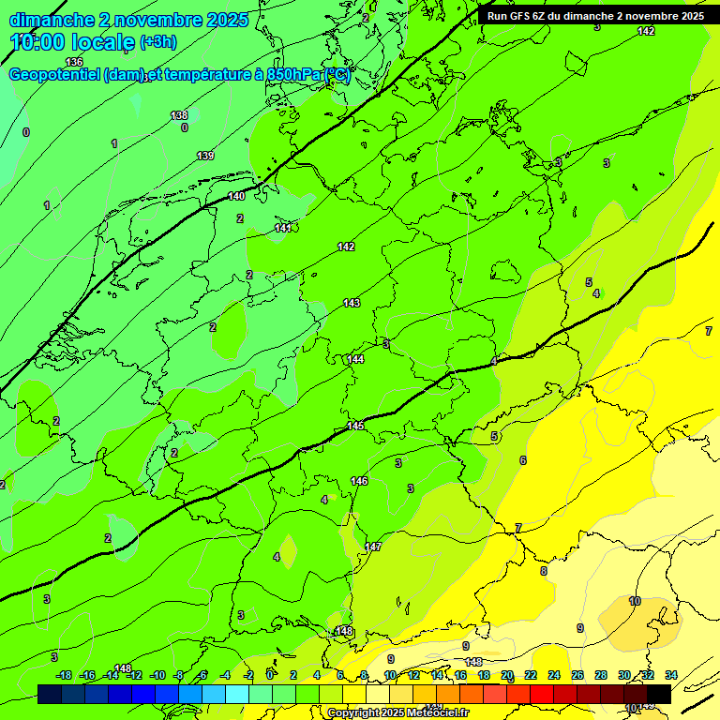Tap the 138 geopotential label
(x=179, y=115)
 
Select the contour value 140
(x=236, y=196)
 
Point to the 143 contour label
(x=352, y=303)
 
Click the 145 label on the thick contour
(x=355, y=426)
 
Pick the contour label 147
(x=373, y=547)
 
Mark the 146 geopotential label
(x=359, y=481)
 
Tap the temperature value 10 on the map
(x=635, y=601)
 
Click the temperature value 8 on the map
(x=543, y=571)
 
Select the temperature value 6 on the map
(x=523, y=460)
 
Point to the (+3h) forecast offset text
(x=157, y=42)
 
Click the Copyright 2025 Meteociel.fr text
(x=397, y=713)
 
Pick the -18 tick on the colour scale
(x=64, y=675)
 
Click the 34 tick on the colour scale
(x=670, y=675)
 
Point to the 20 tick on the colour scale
(x=507, y=675)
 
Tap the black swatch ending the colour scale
(x=659, y=694)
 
